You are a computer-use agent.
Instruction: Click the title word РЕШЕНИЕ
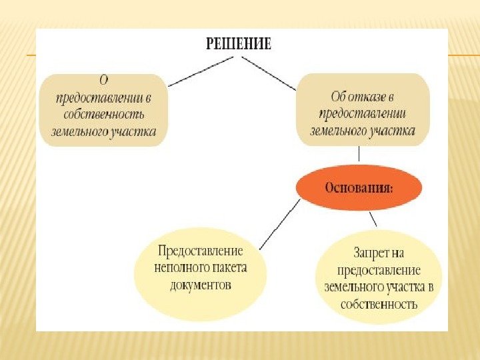point(239,44)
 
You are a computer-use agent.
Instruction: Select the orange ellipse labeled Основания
point(359,187)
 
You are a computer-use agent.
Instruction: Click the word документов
point(201,285)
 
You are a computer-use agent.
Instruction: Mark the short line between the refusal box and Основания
point(359,154)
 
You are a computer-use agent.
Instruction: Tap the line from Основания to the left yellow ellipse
point(279,223)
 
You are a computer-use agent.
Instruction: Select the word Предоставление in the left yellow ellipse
point(201,251)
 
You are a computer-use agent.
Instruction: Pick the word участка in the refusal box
point(391,130)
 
